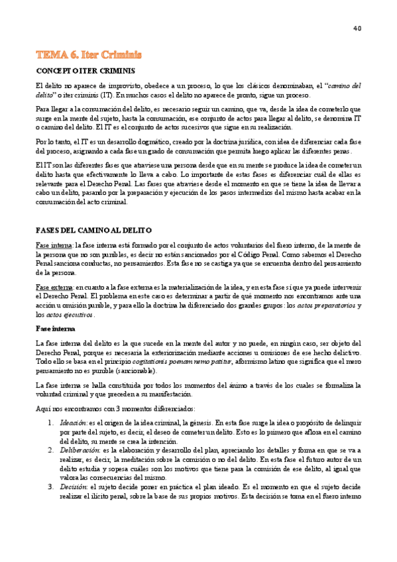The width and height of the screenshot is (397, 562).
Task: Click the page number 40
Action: pyautogui.click(x=357, y=28)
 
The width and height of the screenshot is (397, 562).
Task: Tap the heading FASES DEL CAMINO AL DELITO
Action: pyautogui.click(x=93, y=229)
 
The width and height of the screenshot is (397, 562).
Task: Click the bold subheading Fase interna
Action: pyautogui.click(x=55, y=328)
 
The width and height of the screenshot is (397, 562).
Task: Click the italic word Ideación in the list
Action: pyautogui.click(x=73, y=422)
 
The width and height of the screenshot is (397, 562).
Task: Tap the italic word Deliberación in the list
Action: pyautogui.click(x=79, y=449)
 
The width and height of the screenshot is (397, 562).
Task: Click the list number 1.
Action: pyautogui.click(x=50, y=422)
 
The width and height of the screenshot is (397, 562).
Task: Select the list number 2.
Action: pyautogui.click(x=50, y=449)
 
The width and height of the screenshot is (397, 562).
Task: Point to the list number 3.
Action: pyautogui.click(x=50, y=486)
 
